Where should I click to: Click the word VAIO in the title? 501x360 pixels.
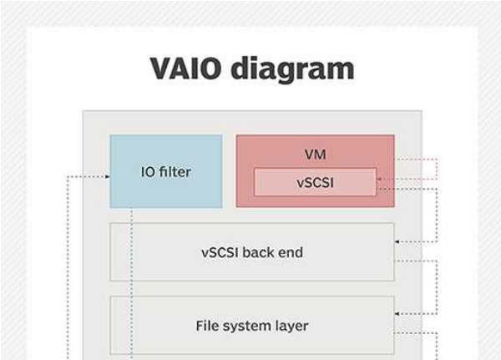[x=185, y=68]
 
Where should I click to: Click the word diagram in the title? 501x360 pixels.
[x=292, y=69]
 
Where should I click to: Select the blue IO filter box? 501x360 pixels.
[x=166, y=171]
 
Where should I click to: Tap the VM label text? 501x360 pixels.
[x=315, y=155]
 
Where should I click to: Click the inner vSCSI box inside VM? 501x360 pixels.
[x=315, y=182]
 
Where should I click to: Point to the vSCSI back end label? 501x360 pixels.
[x=252, y=252]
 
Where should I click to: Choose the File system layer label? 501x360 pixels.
[x=252, y=326]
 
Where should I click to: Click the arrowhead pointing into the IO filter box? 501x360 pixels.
[x=108, y=176]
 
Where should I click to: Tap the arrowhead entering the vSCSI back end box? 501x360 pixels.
[x=397, y=241]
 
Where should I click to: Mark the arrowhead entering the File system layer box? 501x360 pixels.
[x=397, y=314]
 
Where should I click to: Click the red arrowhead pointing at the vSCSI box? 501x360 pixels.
[x=379, y=179]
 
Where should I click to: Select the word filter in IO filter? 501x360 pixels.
[x=175, y=172]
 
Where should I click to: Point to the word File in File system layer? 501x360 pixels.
[x=207, y=326]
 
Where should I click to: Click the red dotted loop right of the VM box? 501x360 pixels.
[x=437, y=169]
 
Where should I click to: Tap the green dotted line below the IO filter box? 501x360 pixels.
[x=131, y=284]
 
